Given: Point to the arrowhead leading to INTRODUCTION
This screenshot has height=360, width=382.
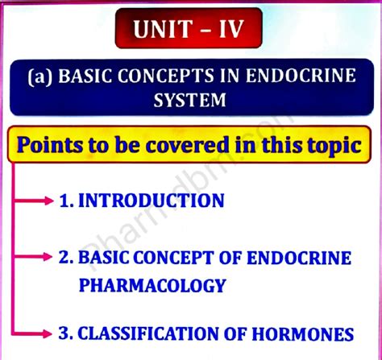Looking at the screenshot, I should [x=51, y=200].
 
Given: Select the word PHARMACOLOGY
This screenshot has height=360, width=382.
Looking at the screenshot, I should [x=152, y=284].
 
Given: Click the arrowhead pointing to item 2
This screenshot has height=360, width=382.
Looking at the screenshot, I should [x=51, y=259].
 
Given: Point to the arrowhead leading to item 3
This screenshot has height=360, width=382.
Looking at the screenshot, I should [x=51, y=333].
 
